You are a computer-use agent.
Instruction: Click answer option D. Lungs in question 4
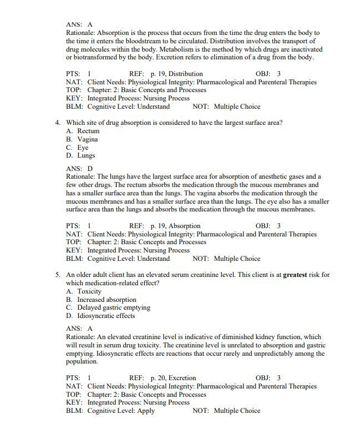pyautogui.click(x=81, y=155)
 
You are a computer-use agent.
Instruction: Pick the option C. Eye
pyautogui.click(x=77, y=148)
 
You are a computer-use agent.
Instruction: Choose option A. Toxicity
pyautogui.click(x=84, y=291)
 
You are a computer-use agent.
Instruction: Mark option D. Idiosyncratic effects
pyautogui.click(x=100, y=316)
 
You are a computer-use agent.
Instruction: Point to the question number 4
pyautogui.click(x=58, y=123)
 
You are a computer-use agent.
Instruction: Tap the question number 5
pyautogui.click(x=58, y=275)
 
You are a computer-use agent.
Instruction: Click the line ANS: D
pyautogui.click(x=79, y=168)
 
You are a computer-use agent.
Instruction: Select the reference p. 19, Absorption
pyautogui.click(x=175, y=226)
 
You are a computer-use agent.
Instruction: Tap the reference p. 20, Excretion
pyautogui.click(x=174, y=378)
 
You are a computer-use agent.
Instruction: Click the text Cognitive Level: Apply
pyautogui.click(x=121, y=411)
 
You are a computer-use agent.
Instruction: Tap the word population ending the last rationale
pyautogui.click(x=82, y=361)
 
